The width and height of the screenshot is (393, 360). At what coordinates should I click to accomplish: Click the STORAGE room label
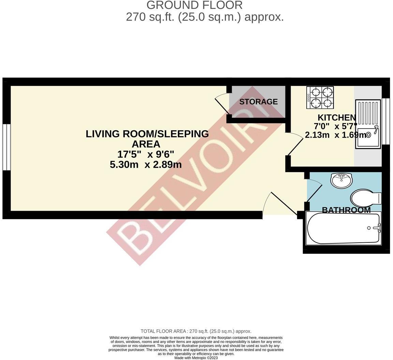258,102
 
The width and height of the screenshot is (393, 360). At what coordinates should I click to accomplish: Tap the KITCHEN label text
337,118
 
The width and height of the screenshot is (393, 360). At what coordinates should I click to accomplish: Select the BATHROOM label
346,210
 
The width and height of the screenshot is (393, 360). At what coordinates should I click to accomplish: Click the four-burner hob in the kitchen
320,97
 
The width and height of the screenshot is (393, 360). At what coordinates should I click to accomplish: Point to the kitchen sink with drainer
368,124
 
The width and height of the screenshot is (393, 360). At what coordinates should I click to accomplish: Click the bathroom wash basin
341,180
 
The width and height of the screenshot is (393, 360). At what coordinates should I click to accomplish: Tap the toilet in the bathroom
365,198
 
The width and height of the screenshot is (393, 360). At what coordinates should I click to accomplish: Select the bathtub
343,228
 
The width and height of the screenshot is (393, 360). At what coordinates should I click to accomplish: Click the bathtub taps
377,228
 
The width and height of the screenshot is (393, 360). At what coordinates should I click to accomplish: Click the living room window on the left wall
6,147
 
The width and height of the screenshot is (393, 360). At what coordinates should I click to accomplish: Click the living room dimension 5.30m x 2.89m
145,165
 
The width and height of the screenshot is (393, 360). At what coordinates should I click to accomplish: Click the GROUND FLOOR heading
194,5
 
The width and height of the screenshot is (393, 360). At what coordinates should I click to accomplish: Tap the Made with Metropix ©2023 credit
196,358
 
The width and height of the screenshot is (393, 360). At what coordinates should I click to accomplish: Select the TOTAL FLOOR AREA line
196,331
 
